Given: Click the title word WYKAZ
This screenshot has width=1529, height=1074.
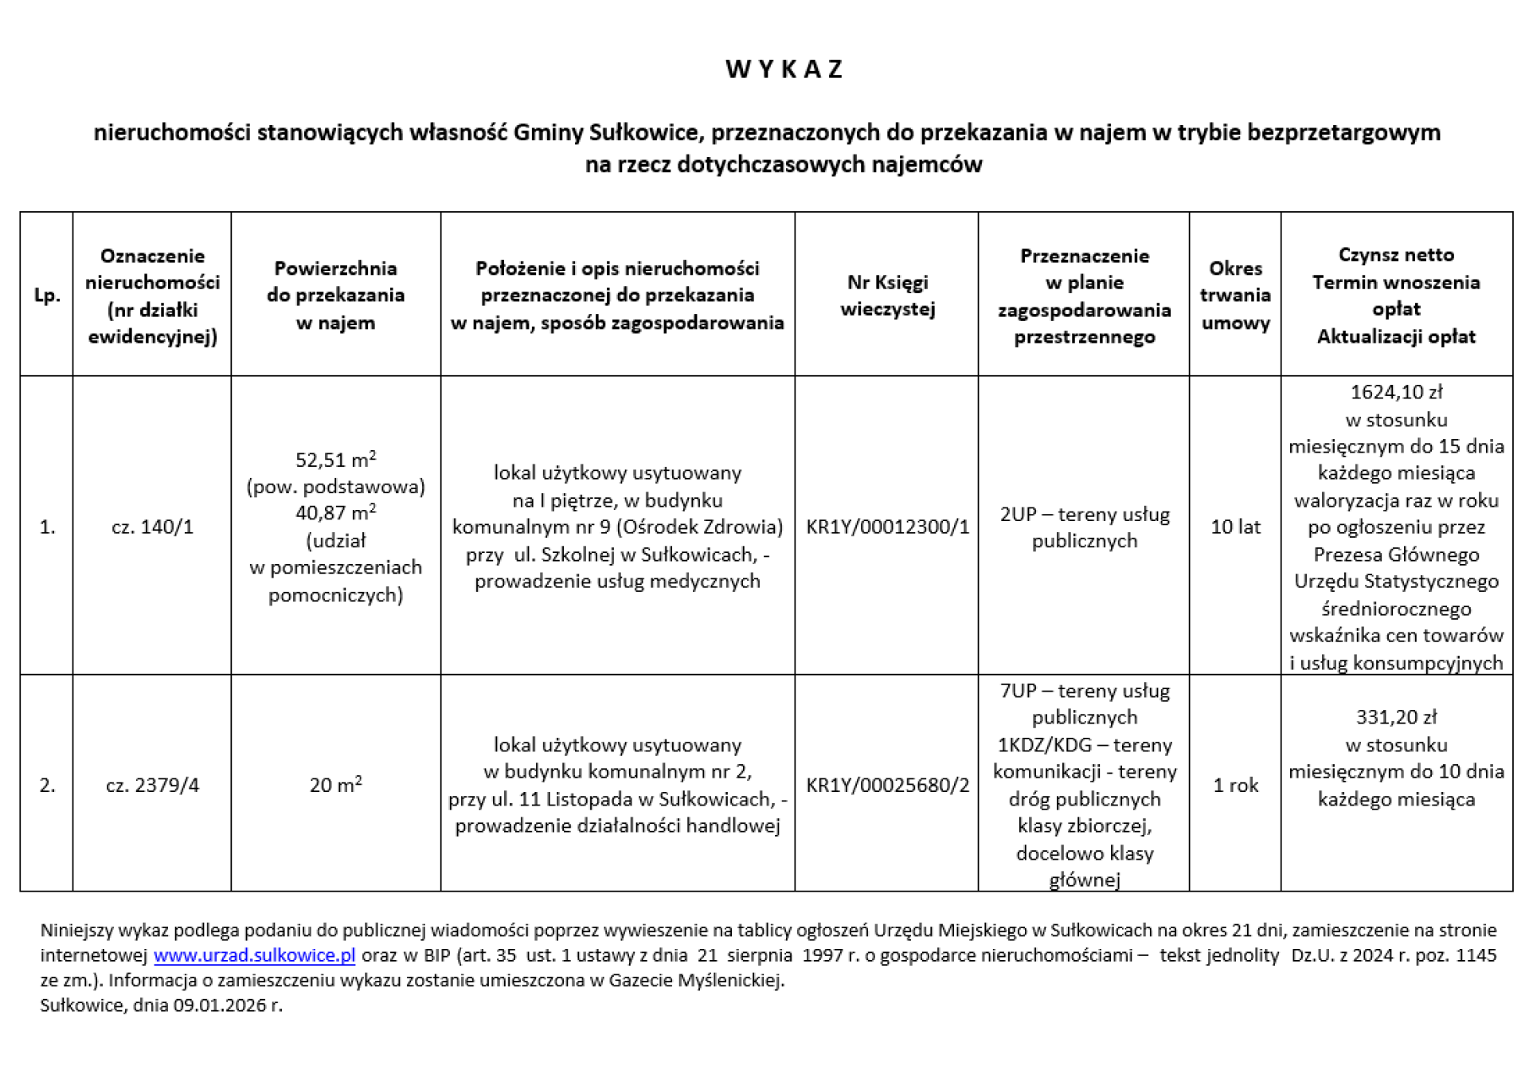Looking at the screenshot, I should [x=784, y=69].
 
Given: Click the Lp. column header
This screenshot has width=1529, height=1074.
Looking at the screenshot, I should [x=47, y=295].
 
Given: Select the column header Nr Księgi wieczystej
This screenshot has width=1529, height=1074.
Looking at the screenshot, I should [x=887, y=295].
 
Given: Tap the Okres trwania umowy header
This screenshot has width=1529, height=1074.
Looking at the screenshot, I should [x=1235, y=295].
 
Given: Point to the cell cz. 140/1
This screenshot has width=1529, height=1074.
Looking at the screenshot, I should [x=152, y=527].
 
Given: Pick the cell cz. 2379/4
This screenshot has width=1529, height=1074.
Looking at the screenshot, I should [x=152, y=785].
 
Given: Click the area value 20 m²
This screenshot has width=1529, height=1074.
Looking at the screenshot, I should [x=335, y=785].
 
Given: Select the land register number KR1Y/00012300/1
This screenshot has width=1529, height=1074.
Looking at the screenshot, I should [x=887, y=527].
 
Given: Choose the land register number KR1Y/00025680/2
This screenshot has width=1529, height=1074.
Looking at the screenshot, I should [x=887, y=785].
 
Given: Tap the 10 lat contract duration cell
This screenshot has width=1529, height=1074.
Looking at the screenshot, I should [x=1235, y=527].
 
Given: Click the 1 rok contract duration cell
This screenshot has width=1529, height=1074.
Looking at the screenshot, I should [x=1235, y=785].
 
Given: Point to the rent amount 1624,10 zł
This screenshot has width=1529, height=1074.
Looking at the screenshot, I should [x=1396, y=392].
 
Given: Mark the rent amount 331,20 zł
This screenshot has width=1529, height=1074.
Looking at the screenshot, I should [x=1396, y=717].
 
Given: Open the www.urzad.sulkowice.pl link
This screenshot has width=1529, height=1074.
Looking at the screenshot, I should [x=254, y=954].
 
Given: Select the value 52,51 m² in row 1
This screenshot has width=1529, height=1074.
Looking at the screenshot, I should [x=335, y=460].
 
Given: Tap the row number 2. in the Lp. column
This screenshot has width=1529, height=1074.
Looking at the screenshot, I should [x=47, y=785].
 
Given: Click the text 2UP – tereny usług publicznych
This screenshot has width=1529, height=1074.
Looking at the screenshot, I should [x=1085, y=527].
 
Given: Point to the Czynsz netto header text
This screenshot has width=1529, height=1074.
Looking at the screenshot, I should [x=1396, y=255].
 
